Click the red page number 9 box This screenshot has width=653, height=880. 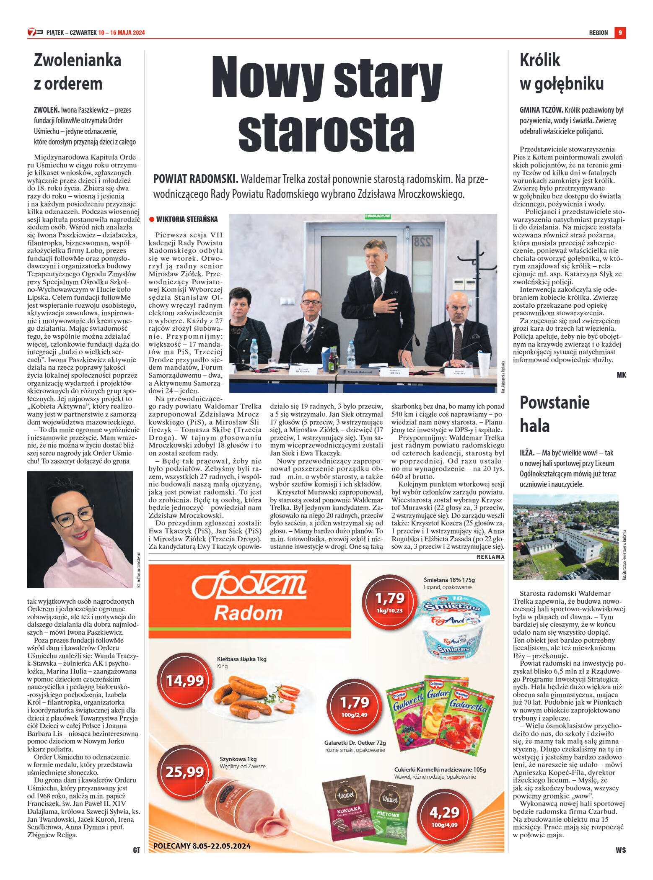[620, 32]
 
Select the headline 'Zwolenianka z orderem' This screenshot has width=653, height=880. [78, 72]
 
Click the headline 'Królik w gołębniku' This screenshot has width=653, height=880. [561, 72]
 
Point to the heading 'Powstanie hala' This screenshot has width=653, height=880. [554, 414]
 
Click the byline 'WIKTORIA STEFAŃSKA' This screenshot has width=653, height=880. [187, 219]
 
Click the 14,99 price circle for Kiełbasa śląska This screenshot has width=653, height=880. [184, 681]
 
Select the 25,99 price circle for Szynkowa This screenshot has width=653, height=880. [184, 772]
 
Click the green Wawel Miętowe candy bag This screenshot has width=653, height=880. [389, 811]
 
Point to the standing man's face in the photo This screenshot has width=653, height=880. [375, 257]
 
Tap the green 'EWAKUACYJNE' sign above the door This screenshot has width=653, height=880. [378, 216]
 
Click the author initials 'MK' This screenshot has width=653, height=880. [621, 375]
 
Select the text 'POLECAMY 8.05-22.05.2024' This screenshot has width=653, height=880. [202, 846]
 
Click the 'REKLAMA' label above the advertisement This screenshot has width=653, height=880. [490, 557]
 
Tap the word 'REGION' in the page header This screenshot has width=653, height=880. [598, 33]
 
